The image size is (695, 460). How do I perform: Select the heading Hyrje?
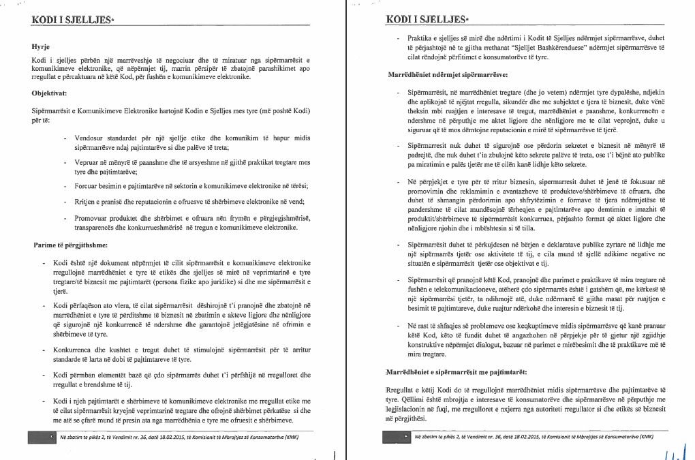[x=42, y=48]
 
